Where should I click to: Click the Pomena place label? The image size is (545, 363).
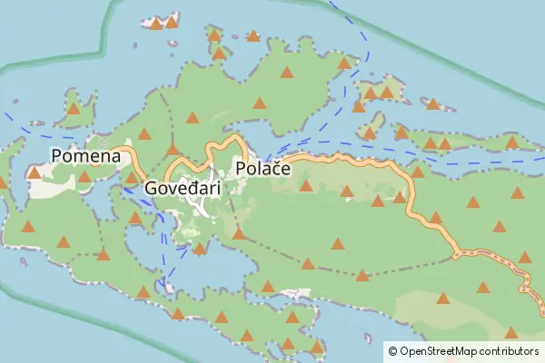tap(86, 156)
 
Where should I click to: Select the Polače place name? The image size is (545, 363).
tap(262, 169)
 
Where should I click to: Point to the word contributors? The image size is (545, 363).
tap(510, 350)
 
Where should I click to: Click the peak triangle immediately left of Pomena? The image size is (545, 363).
tap(34, 172)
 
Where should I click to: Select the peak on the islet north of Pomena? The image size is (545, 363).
tap(73, 109)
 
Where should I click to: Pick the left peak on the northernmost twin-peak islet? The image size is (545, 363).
tap(156, 24)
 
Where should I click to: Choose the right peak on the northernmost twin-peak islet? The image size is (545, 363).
tap(171, 21)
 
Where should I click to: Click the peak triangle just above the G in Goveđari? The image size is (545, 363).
tap(173, 149)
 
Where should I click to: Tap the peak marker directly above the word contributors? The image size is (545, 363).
tap(510, 332)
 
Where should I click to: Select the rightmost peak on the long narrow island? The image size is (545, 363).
tap(511, 142)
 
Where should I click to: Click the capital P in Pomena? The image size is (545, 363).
tap(57, 156)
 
